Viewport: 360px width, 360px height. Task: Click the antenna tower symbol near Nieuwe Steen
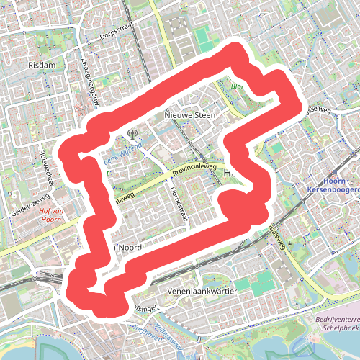[x=132, y=132]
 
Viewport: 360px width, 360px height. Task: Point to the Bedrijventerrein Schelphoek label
[x=337, y=322]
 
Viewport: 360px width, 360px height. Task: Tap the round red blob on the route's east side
[x=234, y=204]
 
